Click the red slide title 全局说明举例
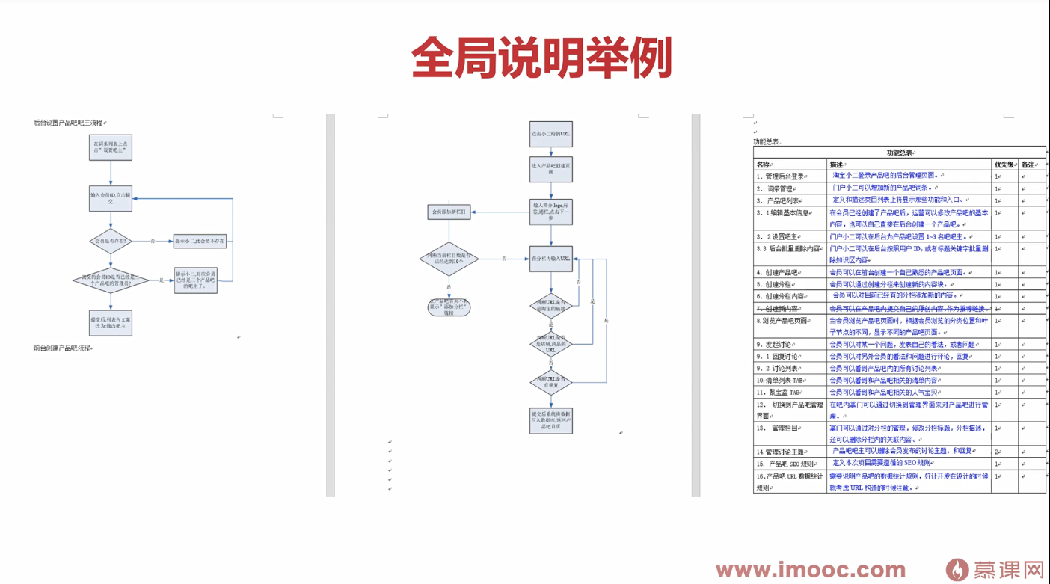tap(541, 58)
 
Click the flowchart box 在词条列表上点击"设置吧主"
tap(111, 147)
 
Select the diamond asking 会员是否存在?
tap(111, 242)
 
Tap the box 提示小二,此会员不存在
tap(200, 242)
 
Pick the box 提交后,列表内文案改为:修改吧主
tap(111, 322)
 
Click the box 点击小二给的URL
tap(551, 134)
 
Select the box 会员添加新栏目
tap(449, 212)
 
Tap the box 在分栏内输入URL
tap(551, 259)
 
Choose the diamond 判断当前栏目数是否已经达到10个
tap(449, 259)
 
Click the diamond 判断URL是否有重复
tap(551, 382)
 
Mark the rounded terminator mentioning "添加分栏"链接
tap(449, 307)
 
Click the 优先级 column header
tap(1004, 165)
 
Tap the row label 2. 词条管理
tap(775, 188)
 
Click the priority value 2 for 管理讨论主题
tap(997, 452)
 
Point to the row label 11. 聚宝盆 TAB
tap(779, 392)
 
